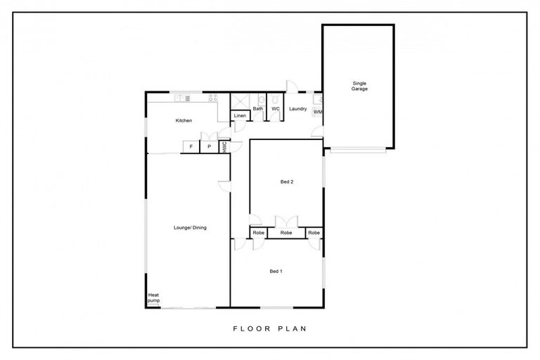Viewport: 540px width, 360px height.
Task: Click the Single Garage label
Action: point(359,86)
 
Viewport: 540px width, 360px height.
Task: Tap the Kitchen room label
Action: point(184,121)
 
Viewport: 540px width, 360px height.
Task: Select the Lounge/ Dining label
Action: point(190,228)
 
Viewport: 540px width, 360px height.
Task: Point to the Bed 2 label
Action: point(286,181)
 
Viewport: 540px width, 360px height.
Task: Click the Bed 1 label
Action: point(276,271)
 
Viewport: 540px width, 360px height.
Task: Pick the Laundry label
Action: point(297,109)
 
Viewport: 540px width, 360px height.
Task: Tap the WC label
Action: point(276,109)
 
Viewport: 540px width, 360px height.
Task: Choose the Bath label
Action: point(258,109)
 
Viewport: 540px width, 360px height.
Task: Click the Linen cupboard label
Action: point(240,115)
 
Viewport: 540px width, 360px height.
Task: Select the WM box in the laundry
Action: point(318,112)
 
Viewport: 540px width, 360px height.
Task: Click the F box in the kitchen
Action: point(191,146)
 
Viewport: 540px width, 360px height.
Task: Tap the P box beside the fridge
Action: point(209,146)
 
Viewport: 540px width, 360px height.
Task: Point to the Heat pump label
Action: point(153,298)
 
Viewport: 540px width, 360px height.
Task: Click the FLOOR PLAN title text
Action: point(269,328)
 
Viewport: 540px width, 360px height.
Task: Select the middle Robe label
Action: point(286,233)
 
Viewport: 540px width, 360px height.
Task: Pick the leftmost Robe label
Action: point(258,233)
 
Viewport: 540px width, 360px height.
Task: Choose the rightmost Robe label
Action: point(314,233)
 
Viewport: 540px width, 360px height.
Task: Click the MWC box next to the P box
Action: point(224,147)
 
